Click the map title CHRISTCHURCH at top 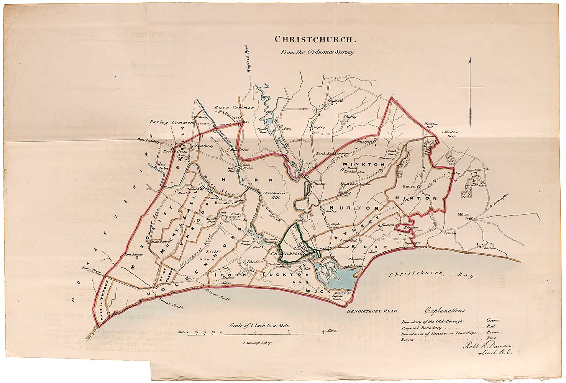[x=315, y=39]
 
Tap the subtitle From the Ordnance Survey [x=315, y=53]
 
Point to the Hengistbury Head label [x=371, y=311]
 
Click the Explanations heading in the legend [x=446, y=310]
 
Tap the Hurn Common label [x=234, y=108]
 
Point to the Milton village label [x=464, y=215]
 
